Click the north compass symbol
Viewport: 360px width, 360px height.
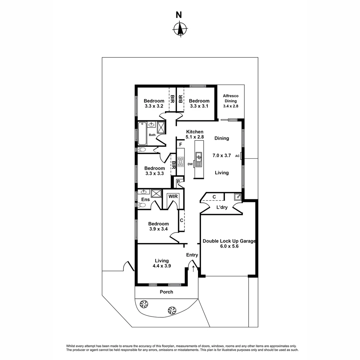pos(180,29)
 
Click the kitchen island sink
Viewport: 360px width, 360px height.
pos(199,156)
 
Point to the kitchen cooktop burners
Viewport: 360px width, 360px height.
pos(181,162)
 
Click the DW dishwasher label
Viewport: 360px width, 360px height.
pos(190,164)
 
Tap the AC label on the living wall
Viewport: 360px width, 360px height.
pos(237,156)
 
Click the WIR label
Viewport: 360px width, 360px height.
pos(173,197)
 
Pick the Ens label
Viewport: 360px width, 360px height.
pos(145,199)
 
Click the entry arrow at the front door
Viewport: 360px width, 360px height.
pos(193,269)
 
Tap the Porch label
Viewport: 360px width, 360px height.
pos(166,292)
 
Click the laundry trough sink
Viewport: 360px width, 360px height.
pos(238,197)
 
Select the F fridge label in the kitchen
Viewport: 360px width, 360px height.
pos(180,145)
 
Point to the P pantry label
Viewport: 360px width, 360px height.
pos(179,182)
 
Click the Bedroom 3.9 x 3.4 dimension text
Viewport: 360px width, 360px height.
pos(158,229)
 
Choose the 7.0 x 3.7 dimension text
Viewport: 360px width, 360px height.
pos(221,155)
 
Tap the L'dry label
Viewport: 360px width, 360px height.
pos(222,207)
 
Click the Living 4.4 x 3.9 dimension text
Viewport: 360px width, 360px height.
pos(161,266)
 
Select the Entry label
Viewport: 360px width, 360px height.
pos(192,255)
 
